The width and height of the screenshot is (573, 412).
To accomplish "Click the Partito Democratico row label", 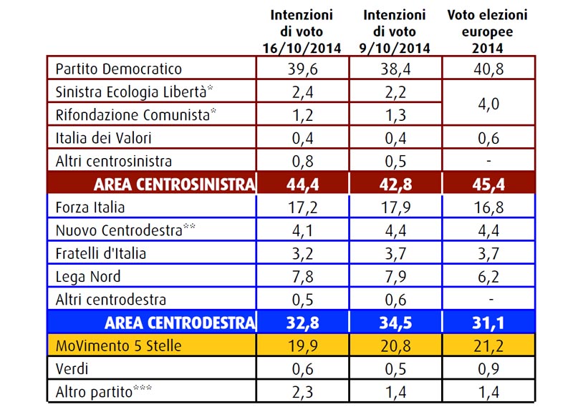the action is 118,69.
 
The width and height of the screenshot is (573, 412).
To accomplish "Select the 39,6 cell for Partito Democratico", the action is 302,69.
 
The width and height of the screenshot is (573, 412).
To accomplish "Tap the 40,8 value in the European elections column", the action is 488,69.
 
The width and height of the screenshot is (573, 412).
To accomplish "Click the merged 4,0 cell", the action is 488,104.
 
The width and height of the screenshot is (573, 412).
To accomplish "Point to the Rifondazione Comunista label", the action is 135,115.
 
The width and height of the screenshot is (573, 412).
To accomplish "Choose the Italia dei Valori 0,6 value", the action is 488,138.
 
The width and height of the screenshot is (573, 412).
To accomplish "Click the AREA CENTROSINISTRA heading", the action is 174,185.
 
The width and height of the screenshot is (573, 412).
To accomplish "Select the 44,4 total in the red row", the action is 302,185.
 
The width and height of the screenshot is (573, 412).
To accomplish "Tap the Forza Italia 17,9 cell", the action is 395,207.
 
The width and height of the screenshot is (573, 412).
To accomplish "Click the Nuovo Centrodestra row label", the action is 125,230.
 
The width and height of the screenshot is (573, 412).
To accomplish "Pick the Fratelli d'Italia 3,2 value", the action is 302,254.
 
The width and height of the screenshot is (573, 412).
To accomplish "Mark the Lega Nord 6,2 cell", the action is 488,277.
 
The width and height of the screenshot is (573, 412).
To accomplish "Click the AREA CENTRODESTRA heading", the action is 180,323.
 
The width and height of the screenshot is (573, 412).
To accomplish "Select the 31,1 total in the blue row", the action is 488,323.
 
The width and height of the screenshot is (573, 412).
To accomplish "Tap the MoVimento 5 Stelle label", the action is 118,346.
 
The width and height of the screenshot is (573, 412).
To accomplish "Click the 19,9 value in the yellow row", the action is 302,346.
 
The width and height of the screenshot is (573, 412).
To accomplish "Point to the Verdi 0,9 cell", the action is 488,369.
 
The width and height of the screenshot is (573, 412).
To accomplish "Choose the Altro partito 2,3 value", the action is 302,392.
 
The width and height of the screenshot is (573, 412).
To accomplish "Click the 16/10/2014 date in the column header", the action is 302,48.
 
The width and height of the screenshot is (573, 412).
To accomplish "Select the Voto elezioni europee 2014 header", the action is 488,31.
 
